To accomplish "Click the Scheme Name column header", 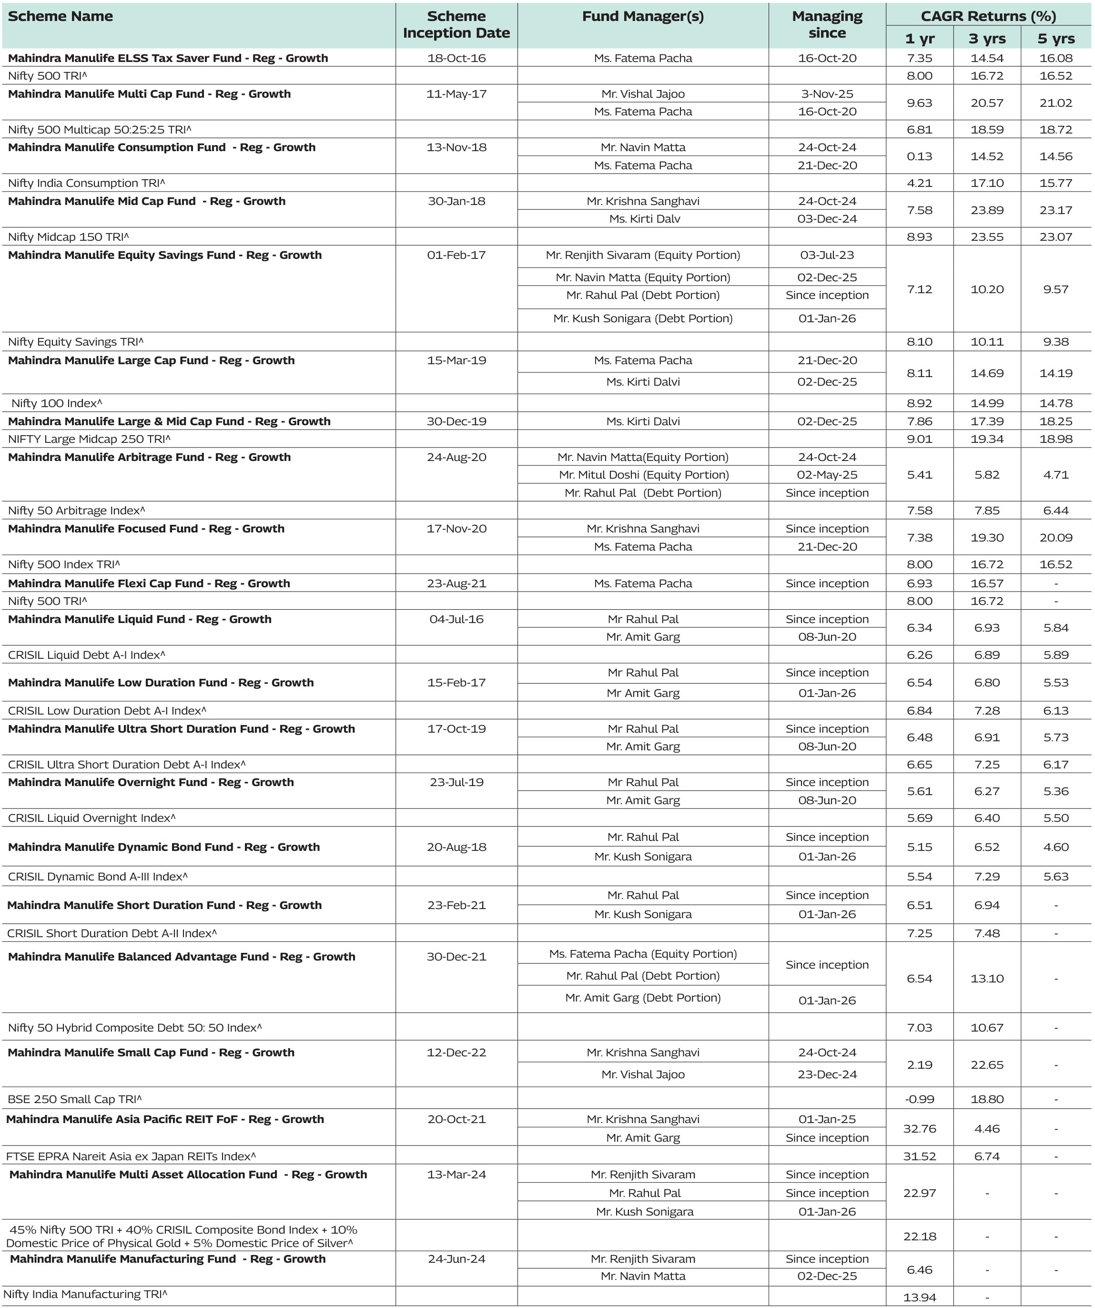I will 61,17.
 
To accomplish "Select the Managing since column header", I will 827,25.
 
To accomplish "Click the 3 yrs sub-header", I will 987,39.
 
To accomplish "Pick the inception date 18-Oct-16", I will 456,59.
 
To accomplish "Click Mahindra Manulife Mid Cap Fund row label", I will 147,201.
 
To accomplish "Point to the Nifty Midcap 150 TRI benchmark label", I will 69,237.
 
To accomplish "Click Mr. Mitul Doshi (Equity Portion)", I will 644,475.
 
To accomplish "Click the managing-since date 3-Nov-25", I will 827,94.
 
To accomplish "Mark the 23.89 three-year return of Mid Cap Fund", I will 987,210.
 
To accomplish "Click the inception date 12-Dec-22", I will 456,1053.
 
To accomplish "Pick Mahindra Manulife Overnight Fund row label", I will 151,782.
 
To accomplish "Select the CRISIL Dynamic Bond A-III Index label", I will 98,876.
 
